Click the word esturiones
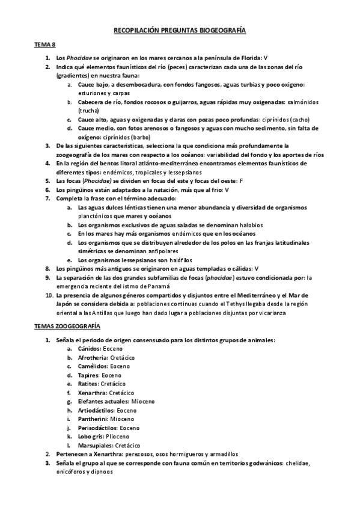click(x=91, y=93)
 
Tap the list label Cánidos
click(x=89, y=348)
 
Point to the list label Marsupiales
click(x=95, y=445)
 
